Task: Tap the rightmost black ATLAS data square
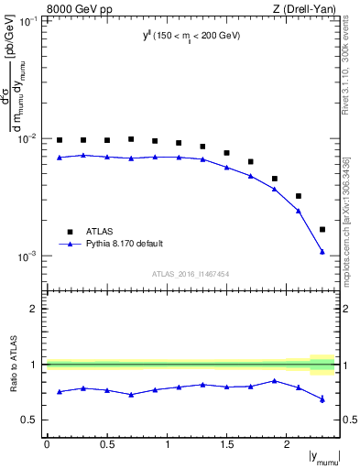pyautogui.click(x=322, y=229)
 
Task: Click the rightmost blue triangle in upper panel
pyautogui.click(x=322, y=251)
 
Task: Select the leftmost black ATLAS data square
pyautogui.click(x=60, y=140)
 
